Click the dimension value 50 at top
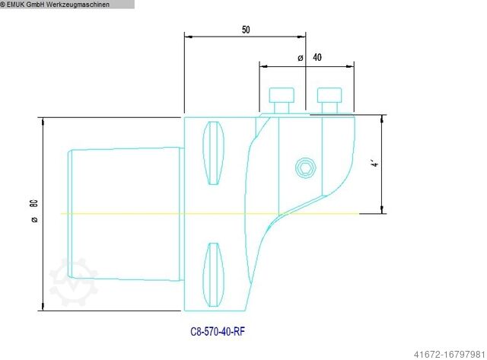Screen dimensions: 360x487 click(x=245, y=30)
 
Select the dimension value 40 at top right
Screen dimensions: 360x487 click(x=317, y=58)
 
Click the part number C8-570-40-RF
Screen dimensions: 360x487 click(x=217, y=332)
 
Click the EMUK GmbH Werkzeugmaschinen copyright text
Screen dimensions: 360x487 click(x=67, y=5)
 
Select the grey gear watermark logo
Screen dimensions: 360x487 click(x=72, y=282)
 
